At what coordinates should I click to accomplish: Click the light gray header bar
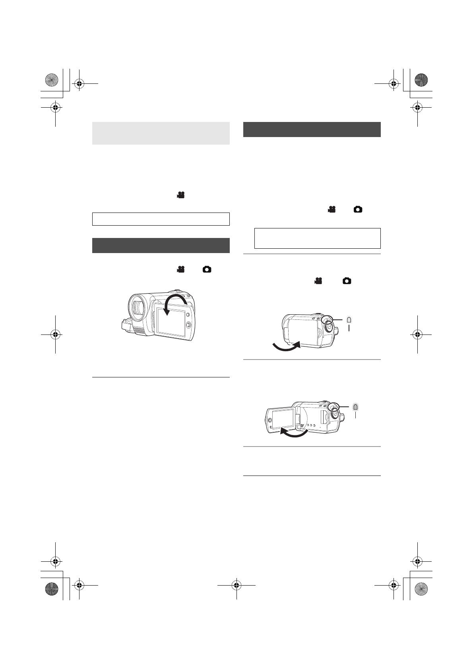click(161, 133)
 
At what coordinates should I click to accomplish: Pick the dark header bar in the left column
click(161, 245)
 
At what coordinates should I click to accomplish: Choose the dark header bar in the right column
click(312, 130)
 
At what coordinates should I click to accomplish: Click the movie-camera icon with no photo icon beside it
click(181, 195)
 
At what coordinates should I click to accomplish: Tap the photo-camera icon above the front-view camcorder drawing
click(207, 269)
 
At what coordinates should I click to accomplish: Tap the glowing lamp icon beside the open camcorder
click(356, 406)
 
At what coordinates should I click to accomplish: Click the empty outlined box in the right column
click(317, 238)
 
